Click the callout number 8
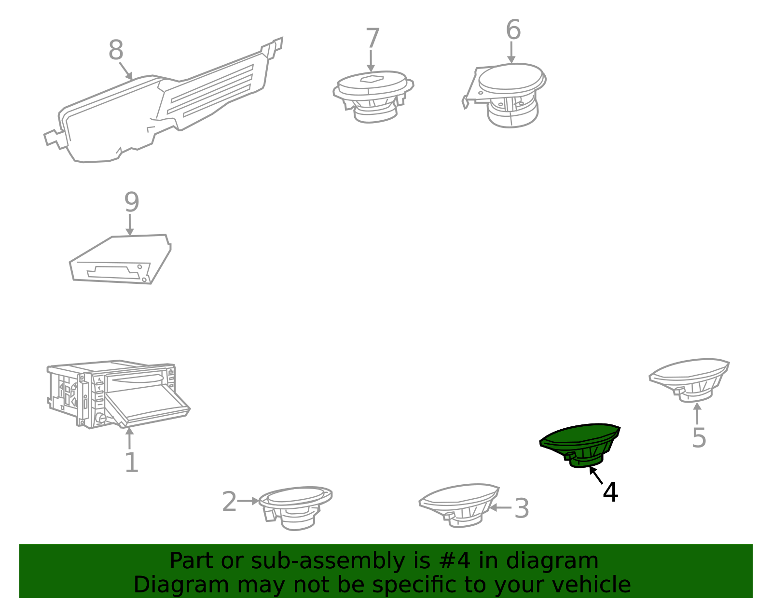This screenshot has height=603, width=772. coord(116,50)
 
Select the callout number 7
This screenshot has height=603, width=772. coord(372,38)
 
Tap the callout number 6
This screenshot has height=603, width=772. coord(513,29)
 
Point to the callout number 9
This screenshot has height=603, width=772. coord(131,202)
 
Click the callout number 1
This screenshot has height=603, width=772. coord(132,463)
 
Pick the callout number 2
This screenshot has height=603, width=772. coord(229,502)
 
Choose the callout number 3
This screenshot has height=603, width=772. coord(522,508)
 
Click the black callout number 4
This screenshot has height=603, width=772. coord(610,492)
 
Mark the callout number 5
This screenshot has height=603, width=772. coord(699,438)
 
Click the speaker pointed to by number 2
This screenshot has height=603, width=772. coord(296,507)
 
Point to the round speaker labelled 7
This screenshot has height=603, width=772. coord(373,96)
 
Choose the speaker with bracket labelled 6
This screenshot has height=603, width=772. coord(505,95)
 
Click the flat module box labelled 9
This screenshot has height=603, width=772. coord(120,259)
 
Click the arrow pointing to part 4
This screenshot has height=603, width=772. coord(596,475)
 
